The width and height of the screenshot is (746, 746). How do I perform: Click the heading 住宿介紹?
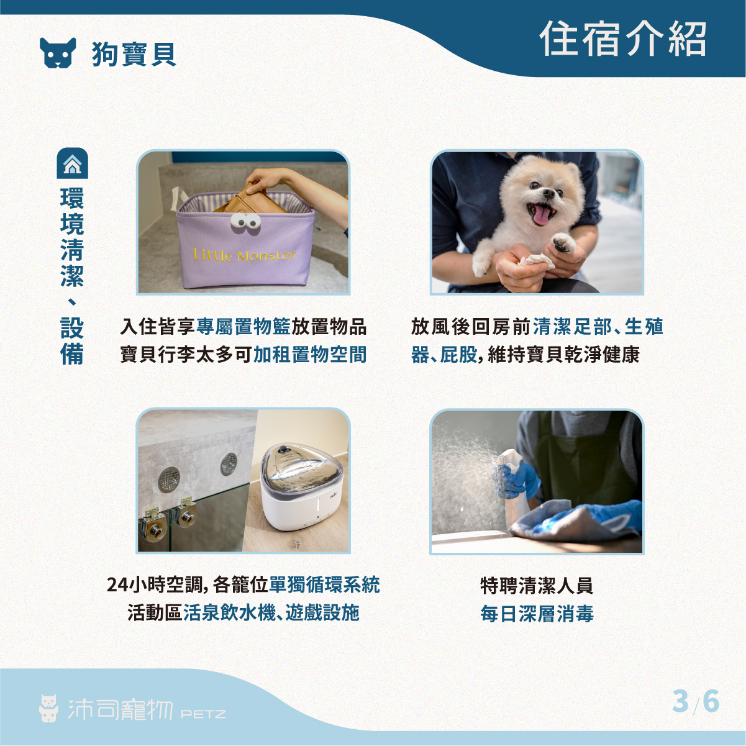coord(623,39)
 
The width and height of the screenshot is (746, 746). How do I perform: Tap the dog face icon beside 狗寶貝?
coord(58,53)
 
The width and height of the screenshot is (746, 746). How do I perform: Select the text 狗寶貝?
coord(134,54)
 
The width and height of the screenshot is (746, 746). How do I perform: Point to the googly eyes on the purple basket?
coord(245,221)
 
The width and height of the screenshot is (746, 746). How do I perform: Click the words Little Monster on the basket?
coord(245,255)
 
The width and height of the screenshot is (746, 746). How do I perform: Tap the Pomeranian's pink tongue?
coord(542,216)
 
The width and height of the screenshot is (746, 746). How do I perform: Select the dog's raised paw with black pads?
coord(565,243)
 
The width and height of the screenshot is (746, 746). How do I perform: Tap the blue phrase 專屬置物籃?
coord(243,326)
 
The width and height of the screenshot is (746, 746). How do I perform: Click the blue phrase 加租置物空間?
coord(310,354)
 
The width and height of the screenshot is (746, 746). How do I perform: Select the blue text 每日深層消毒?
coord(537,614)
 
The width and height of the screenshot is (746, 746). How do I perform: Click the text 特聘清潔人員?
coord(537,586)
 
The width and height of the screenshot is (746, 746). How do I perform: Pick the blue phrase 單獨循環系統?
coord(324,585)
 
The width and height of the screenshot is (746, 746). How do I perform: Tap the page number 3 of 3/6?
coord(681,701)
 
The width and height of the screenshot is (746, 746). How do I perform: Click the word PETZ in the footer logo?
coord(203,714)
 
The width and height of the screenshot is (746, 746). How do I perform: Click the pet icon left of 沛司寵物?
coord(49,708)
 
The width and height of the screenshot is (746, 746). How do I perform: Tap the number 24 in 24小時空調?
coord(117,585)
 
